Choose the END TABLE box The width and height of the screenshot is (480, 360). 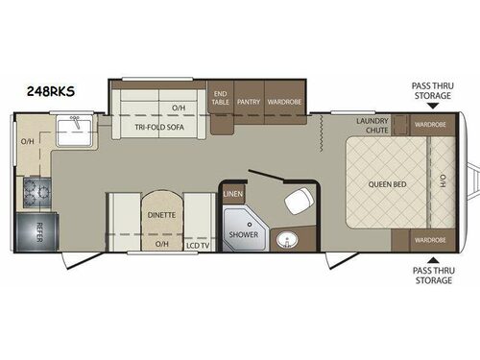pyautogui.click(x=220, y=98)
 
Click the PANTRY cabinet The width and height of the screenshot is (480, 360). pyautogui.click(x=249, y=99)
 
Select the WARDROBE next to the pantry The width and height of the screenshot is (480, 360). pyautogui.click(x=285, y=99)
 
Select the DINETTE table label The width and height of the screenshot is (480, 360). pyautogui.click(x=161, y=215)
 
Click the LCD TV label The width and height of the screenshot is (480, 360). pyautogui.click(x=197, y=245)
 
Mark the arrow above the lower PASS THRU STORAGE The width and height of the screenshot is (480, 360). pyautogui.click(x=434, y=258)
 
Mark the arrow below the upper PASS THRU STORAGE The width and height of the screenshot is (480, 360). pyautogui.click(x=434, y=105)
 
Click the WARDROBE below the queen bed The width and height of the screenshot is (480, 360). pyautogui.click(x=429, y=239)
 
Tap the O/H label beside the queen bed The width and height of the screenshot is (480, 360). pyautogui.click(x=443, y=182)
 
